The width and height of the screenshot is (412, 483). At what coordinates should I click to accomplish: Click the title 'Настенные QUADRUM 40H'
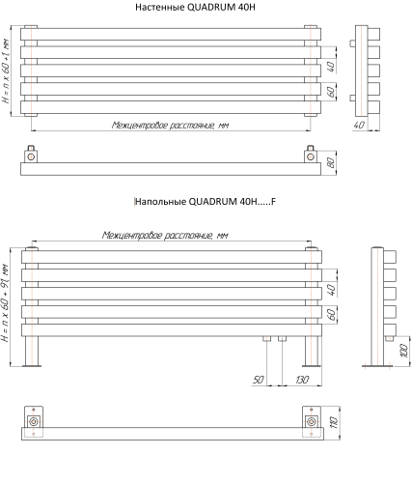195,7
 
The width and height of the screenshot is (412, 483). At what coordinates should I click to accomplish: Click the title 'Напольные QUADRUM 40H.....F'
206,202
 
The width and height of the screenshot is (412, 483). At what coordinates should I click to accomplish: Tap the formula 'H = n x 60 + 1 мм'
6,71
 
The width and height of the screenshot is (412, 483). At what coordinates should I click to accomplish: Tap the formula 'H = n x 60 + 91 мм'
5,302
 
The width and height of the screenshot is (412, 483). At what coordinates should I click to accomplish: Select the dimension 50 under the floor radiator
259,380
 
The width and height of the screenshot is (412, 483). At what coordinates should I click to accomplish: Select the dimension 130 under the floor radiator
302,380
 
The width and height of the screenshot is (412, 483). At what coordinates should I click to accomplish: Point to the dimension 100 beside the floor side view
404,351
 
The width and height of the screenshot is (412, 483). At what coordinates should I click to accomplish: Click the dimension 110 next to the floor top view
334,422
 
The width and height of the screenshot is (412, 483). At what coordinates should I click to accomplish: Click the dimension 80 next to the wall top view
330,162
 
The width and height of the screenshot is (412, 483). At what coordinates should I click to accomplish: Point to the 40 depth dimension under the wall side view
359,125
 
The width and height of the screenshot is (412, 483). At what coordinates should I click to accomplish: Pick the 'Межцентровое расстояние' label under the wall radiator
170,125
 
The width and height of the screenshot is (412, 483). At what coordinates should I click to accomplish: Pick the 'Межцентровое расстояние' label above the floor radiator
165,235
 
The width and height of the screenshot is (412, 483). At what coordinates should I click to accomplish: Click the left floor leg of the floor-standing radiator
32,352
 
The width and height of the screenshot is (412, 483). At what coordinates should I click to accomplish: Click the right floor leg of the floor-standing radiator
312,352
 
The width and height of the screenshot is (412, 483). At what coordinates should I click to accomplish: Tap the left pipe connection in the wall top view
31,156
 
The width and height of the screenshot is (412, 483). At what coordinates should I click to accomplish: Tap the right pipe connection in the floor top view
311,421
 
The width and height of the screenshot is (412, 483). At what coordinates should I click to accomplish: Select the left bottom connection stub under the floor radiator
267,339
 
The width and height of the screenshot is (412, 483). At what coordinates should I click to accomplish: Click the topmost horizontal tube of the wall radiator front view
171,34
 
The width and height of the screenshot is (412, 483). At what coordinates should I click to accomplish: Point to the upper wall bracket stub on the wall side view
352,43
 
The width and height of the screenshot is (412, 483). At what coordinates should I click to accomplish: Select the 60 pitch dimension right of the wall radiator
331,92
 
